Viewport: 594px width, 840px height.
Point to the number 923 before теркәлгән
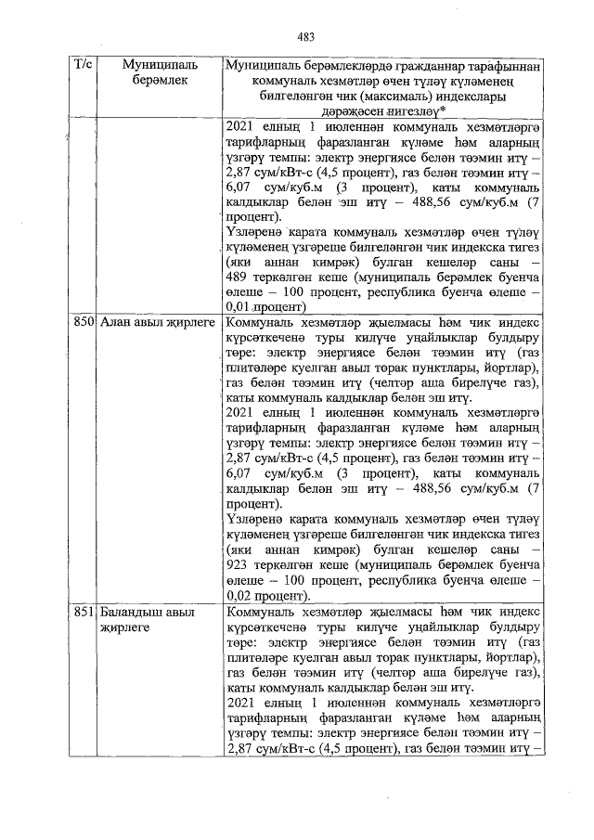point(239,566)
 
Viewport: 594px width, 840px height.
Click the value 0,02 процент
point(265,595)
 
